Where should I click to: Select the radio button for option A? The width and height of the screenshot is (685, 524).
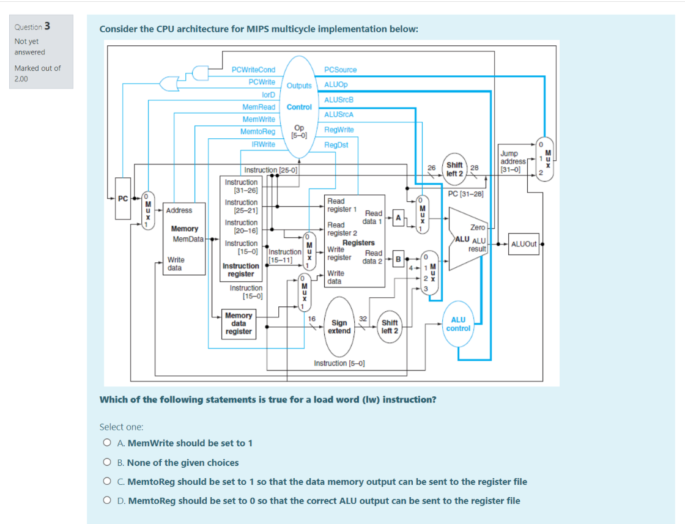tap(107, 443)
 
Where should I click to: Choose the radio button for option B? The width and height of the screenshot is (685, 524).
tap(107, 463)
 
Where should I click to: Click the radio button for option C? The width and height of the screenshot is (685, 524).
tap(107, 482)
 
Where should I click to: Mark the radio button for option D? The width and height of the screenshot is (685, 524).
tap(107, 501)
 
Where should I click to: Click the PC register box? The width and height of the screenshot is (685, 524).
tap(122, 198)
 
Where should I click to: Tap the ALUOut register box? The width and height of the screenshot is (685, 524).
tap(524, 243)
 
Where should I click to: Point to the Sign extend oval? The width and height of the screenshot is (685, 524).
tap(339, 327)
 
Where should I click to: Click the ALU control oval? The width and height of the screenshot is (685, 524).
tap(458, 323)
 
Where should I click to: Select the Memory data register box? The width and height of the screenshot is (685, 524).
tap(239, 323)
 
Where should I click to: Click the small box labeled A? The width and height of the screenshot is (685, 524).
tap(398, 217)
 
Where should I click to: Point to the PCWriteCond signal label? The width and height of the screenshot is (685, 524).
tap(253, 70)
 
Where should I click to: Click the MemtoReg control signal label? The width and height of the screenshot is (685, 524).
tap(257, 131)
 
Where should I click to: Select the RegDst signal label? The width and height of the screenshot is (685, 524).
tap(336, 145)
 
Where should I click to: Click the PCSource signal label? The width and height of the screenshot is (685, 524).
tap(340, 70)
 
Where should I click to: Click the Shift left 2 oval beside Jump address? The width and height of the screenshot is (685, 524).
tap(454, 169)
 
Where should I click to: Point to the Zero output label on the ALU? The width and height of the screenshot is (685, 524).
tap(478, 227)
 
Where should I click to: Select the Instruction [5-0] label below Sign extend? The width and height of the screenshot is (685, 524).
tap(339, 363)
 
